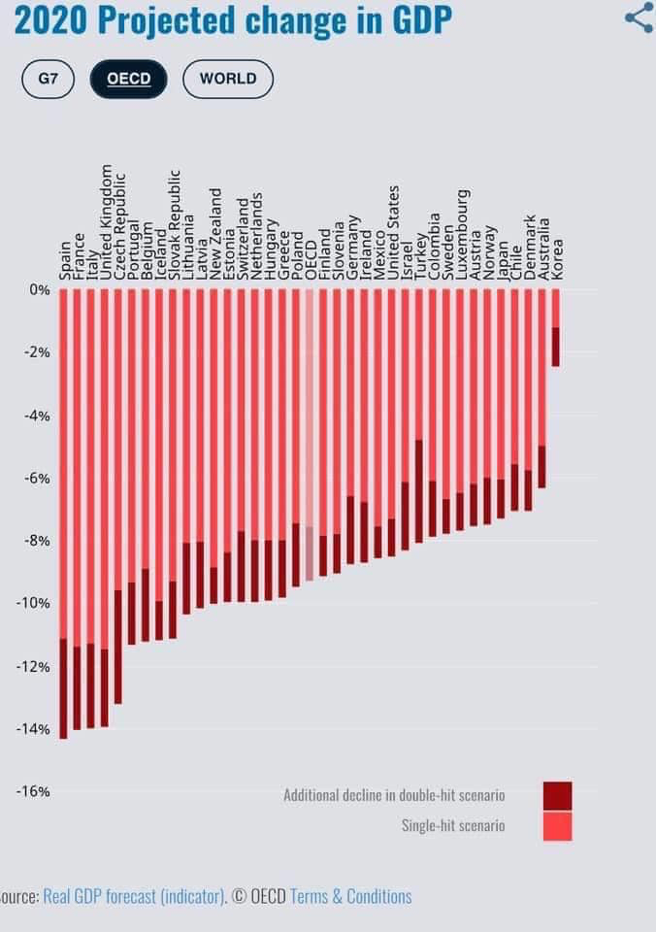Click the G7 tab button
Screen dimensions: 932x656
coord(49,79)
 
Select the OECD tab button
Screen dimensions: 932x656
coord(128,79)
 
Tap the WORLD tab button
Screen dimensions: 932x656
coord(228,79)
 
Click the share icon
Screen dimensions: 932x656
coord(639,17)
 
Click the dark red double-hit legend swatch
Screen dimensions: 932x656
coord(557,795)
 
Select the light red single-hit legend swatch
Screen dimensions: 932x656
coord(557,826)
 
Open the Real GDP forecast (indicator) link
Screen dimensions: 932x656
coord(134,896)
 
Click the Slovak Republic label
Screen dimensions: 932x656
coord(174,225)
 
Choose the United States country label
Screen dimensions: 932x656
coord(392,233)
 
